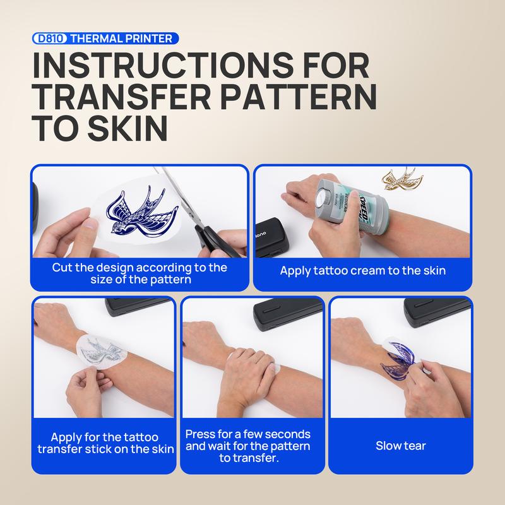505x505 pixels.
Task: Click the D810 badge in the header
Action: (50, 39)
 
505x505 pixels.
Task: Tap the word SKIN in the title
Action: (128, 128)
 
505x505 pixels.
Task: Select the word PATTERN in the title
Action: (298, 97)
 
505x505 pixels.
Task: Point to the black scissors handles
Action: (214, 240)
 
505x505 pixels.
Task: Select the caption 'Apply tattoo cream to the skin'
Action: (362, 271)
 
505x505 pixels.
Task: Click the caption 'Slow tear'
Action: (401, 446)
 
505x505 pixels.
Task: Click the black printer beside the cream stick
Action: (271, 238)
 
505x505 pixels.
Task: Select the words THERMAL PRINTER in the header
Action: (121, 39)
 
